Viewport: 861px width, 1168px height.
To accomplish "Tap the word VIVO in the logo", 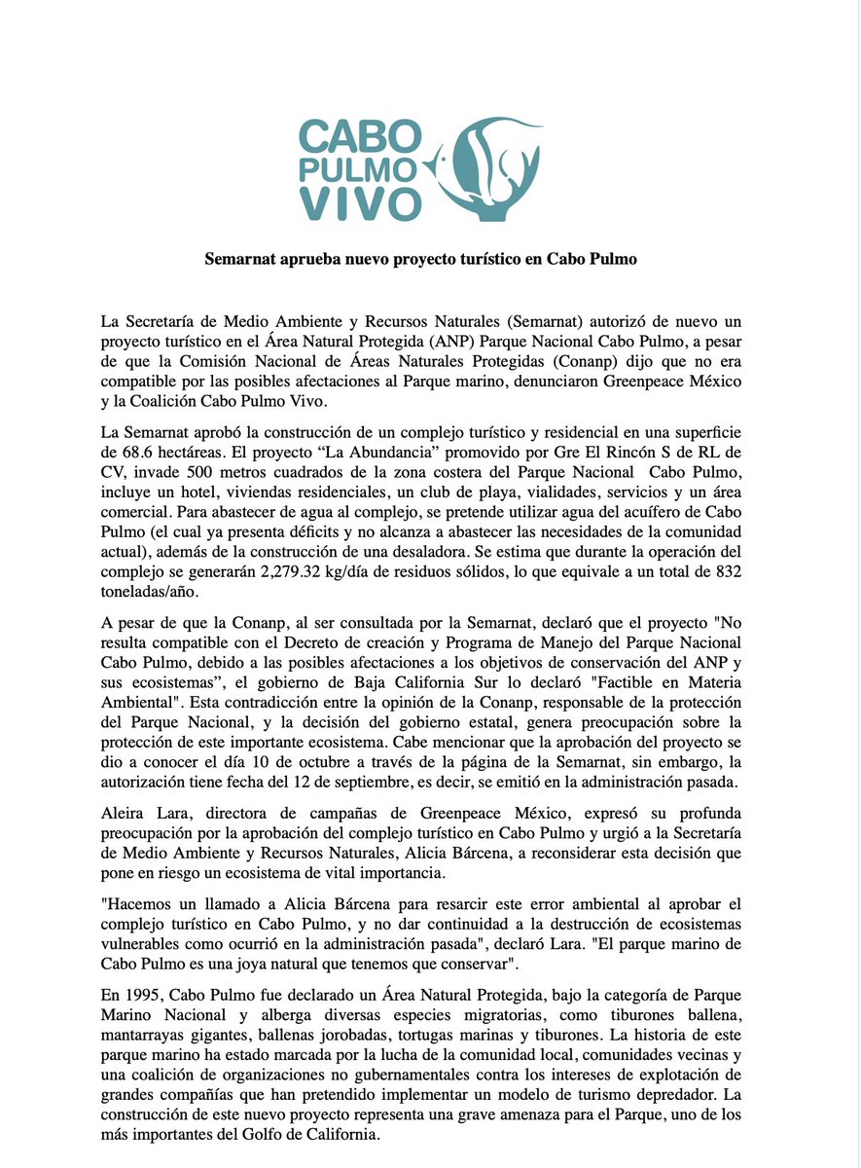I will (x=360, y=201).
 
